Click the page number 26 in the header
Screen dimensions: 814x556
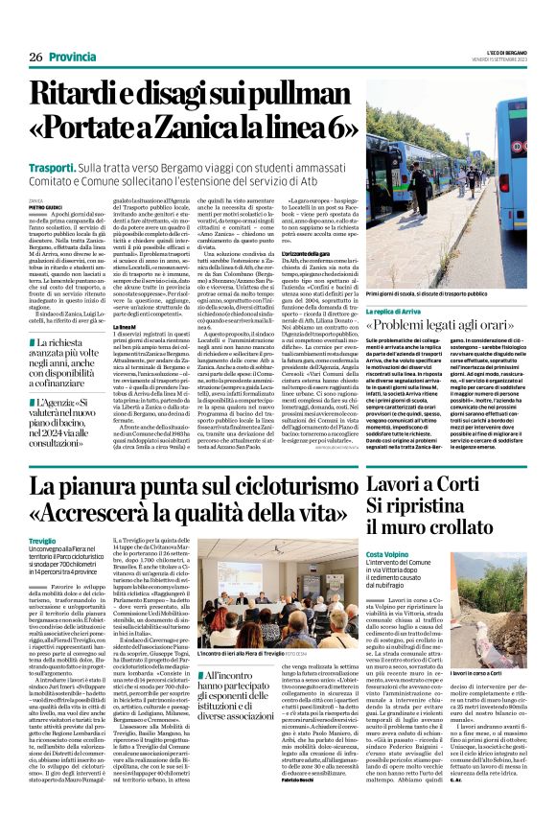pyautogui.click(x=35, y=58)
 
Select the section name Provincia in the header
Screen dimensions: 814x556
pyautogui.click(x=74, y=58)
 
